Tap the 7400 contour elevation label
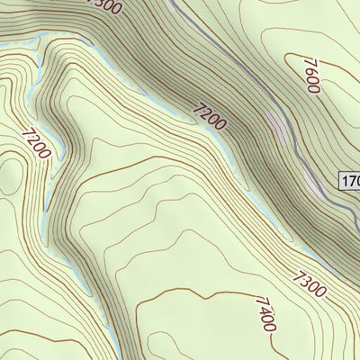[x=265, y=314]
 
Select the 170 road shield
[x=350, y=182]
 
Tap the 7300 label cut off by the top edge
[x=102, y=5]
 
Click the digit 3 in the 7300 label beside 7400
[x=305, y=279]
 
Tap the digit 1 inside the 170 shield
[x=346, y=182]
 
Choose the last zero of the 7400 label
[x=270, y=325]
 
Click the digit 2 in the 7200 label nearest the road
[x=202, y=112]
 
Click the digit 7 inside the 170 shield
[x=352, y=182]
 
